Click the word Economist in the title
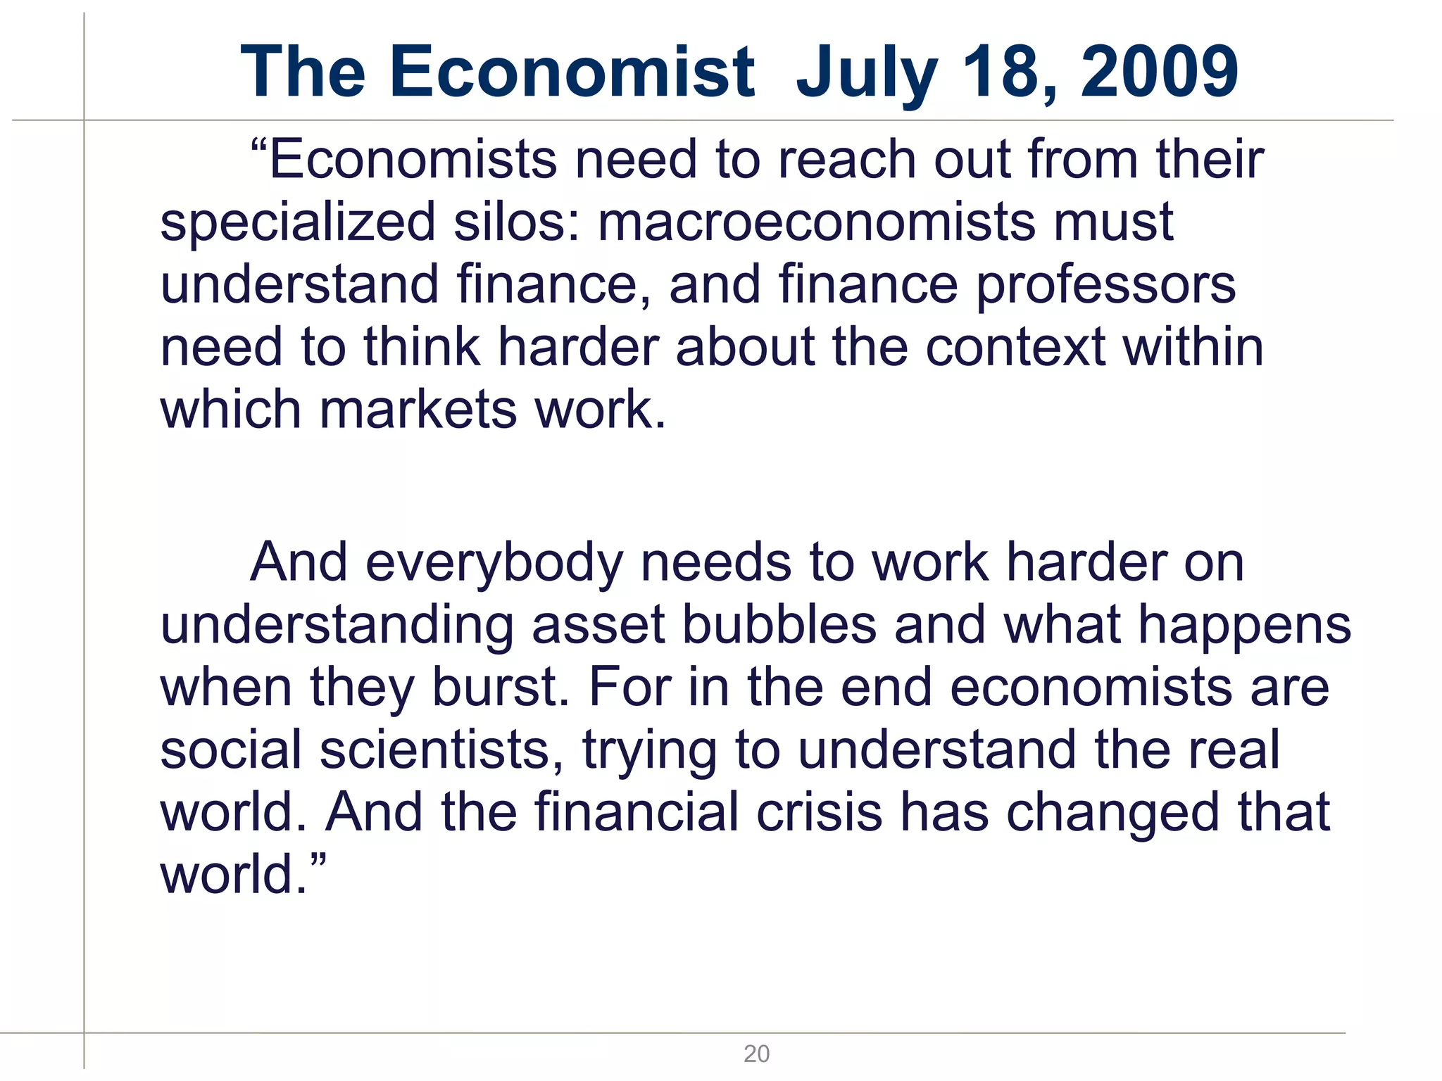tap(572, 72)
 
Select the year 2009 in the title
tap(1159, 72)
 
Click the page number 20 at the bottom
tap(756, 1054)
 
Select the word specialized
tap(298, 222)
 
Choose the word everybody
tap(494, 563)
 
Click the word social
tap(232, 750)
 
